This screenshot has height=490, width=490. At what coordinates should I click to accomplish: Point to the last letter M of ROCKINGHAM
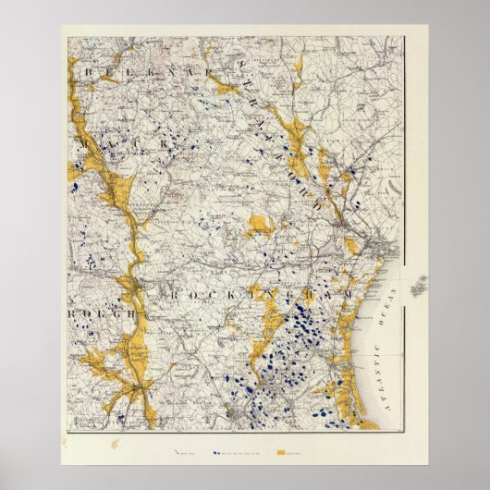tap(349, 293)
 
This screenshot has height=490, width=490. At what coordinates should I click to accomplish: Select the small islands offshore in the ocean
tap(420, 288)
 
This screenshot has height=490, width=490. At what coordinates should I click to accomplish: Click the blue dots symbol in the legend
tap(218, 454)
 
